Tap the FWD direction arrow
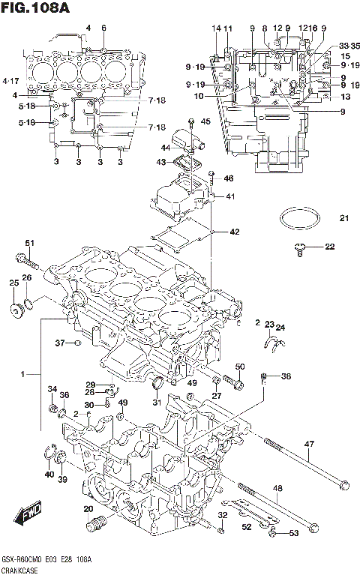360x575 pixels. (x=31, y=515)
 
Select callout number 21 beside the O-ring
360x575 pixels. (x=343, y=219)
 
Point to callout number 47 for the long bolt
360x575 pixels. (x=308, y=445)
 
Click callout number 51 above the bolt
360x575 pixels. (x=30, y=242)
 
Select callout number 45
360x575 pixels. (x=206, y=121)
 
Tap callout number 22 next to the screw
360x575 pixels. (x=328, y=246)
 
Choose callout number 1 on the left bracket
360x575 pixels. (x=23, y=373)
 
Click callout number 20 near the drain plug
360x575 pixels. (x=88, y=509)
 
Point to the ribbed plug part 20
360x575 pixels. (x=94, y=524)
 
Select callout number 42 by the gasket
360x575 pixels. (x=234, y=232)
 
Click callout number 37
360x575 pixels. (x=60, y=343)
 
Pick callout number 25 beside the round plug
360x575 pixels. (x=13, y=283)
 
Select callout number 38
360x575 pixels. (x=286, y=376)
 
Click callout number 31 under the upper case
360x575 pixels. (x=157, y=403)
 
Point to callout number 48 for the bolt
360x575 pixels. (x=277, y=488)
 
